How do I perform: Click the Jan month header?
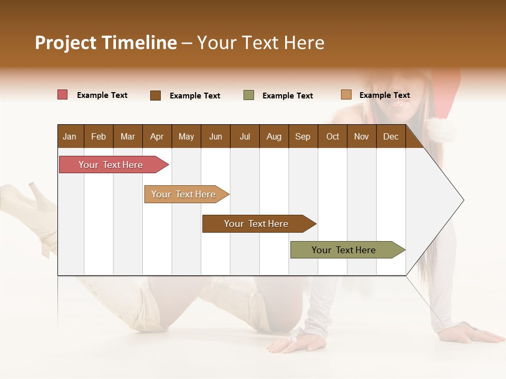pyautogui.click(x=70, y=136)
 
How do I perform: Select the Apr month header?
pyautogui.click(x=157, y=136)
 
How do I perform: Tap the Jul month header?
pyautogui.click(x=245, y=136)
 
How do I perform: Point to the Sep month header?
pyautogui.click(x=303, y=136)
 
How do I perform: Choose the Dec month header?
pyautogui.click(x=391, y=136)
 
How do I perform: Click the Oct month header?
pyautogui.click(x=333, y=136)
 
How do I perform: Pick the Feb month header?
pyautogui.click(x=99, y=136)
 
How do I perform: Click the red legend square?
pyautogui.click(x=62, y=95)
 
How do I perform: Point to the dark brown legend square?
pyautogui.click(x=155, y=95)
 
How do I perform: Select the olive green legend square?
pyautogui.click(x=249, y=95)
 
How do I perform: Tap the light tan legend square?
pyautogui.click(x=346, y=95)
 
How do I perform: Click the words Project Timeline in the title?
pyautogui.click(x=106, y=43)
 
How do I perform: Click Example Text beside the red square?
pyautogui.click(x=102, y=95)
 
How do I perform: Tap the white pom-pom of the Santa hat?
pyautogui.click(x=441, y=129)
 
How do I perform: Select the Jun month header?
pyautogui.click(x=215, y=136)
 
